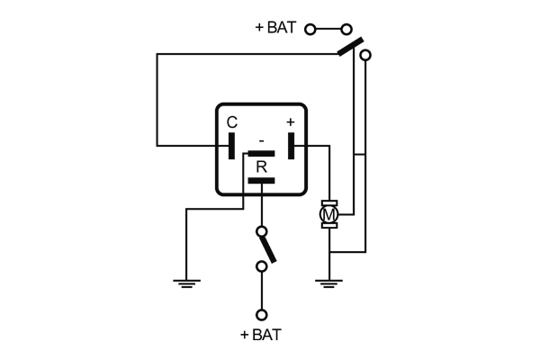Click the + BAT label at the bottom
pyautogui.click(x=261, y=335)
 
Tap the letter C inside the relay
pyautogui.click(x=232, y=122)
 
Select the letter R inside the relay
pyautogui.click(x=261, y=166)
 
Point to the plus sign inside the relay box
pyautogui.click(x=291, y=121)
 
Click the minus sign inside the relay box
pyautogui.click(x=261, y=141)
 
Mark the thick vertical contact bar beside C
pyautogui.click(x=232, y=145)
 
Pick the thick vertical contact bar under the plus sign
pyautogui.click(x=292, y=145)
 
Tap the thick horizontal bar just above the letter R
pyautogui.click(x=261, y=154)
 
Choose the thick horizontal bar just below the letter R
pyautogui.click(x=261, y=181)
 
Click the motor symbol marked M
pyautogui.click(x=329, y=214)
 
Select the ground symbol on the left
pyautogui.click(x=186, y=283)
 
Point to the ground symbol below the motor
pyautogui.click(x=329, y=283)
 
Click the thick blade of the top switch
pyautogui.click(x=351, y=45)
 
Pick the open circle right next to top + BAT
pyautogui.click(x=310, y=29)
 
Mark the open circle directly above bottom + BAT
pyautogui.click(x=261, y=314)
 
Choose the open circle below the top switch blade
pyautogui.click(x=364, y=56)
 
